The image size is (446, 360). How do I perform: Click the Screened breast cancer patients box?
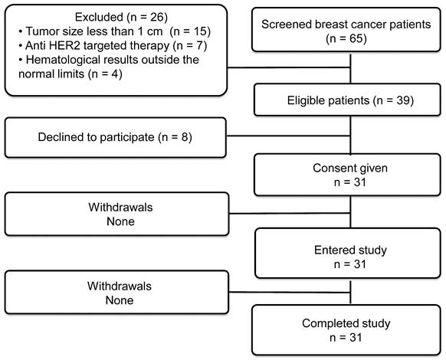click(346, 30)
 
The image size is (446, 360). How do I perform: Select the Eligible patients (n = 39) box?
click(347, 100)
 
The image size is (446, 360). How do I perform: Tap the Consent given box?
click(347, 175)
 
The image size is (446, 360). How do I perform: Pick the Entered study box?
click(348, 253)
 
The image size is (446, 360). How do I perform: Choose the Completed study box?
click(346, 330)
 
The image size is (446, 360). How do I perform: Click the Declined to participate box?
click(116, 137)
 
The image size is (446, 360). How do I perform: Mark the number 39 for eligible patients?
click(403, 100)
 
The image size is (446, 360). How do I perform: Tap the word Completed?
click(326, 323)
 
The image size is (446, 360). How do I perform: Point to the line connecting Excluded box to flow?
click(289, 67)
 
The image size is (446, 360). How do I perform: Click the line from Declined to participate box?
click(288, 136)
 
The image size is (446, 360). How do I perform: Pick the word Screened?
click(286, 25)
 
